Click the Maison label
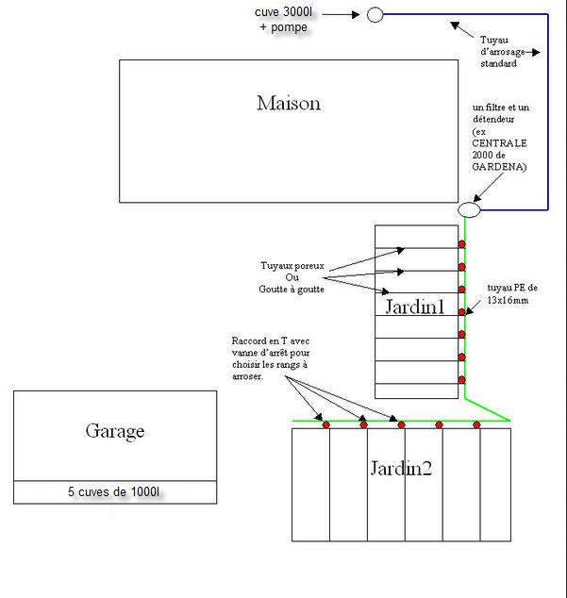point(288,103)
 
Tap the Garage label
point(114,431)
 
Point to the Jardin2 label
point(400,468)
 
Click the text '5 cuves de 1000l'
point(114,492)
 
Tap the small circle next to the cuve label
point(375,14)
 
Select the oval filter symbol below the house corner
point(469,209)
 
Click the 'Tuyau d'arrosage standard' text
point(506,52)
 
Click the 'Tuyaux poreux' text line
point(292,266)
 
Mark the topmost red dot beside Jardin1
point(461,244)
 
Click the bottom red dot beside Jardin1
point(461,379)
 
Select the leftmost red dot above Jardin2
point(325,425)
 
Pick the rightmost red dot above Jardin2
point(476,425)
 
